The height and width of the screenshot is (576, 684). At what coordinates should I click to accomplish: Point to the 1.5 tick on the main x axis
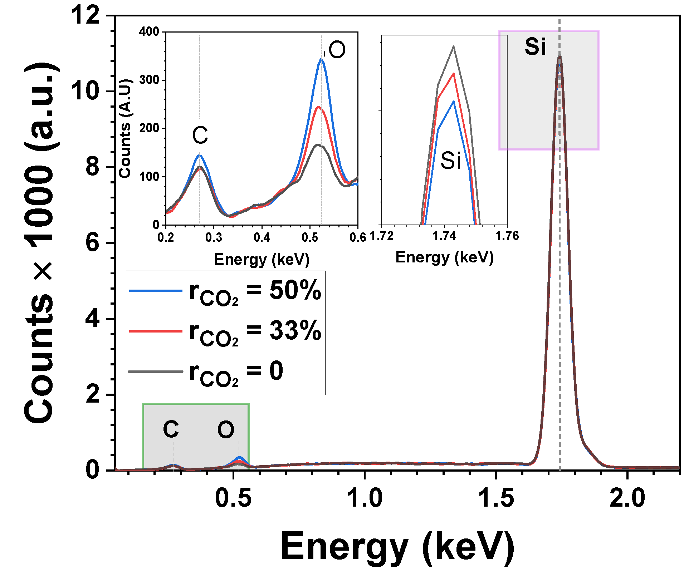(x=496, y=498)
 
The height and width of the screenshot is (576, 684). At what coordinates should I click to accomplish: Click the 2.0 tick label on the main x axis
(x=627, y=498)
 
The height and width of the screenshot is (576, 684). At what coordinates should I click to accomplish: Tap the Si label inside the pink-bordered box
(x=535, y=46)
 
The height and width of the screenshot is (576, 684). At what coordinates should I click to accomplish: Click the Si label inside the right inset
(x=450, y=161)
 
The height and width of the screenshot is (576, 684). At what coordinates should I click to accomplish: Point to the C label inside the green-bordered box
(x=171, y=429)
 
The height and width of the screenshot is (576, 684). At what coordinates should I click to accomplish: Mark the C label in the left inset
(x=200, y=135)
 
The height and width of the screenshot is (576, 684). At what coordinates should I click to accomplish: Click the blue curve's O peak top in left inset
(x=321, y=59)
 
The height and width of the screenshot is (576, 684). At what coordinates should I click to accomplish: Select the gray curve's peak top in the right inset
(x=454, y=46)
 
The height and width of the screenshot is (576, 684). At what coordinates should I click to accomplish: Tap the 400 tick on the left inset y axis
(x=150, y=31)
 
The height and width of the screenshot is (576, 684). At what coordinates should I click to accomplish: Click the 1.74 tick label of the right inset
(x=444, y=236)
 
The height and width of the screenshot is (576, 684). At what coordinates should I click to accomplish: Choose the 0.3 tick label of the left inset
(x=214, y=237)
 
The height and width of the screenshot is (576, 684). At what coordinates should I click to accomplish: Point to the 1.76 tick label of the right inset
(x=507, y=236)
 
